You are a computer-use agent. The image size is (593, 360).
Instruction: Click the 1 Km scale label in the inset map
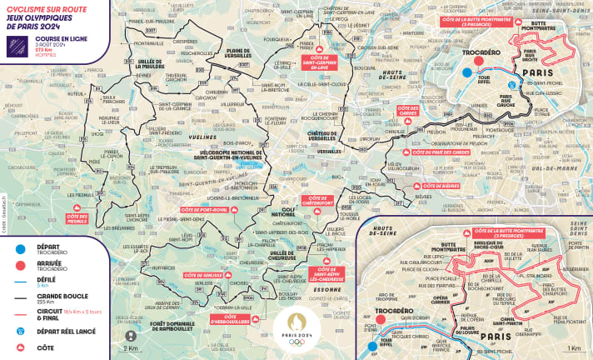point(574,347)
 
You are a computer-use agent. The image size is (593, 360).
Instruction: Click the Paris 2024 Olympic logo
point(296,325)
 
